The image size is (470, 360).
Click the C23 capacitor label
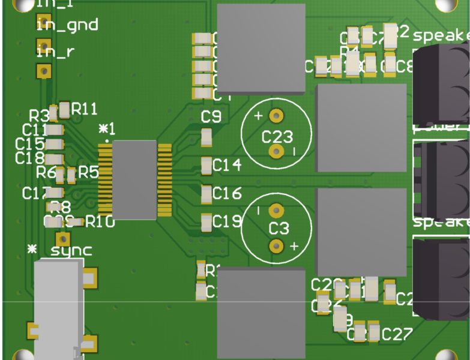pyautogui.click(x=277, y=136)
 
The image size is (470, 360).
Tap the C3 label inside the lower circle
pyautogui.click(x=279, y=228)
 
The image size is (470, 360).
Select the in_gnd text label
pyautogui.click(x=67, y=25)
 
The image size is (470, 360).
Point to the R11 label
pyautogui.click(x=84, y=109)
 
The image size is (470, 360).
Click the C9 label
pyautogui.click(x=211, y=117)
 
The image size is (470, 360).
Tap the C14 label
pyautogui.click(x=227, y=164)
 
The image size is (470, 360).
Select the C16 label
pyautogui.click(x=227, y=193)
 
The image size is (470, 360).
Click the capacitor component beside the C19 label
pyautogui.click(x=206, y=223)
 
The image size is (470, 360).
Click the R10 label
pyautogui.click(x=99, y=221)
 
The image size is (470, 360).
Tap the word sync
pyautogui.click(x=71, y=250)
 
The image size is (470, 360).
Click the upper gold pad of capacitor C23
pyautogui.click(x=276, y=115)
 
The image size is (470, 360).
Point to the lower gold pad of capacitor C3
pyautogui.click(x=276, y=245)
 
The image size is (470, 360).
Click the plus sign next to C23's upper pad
pyautogui.click(x=259, y=116)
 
